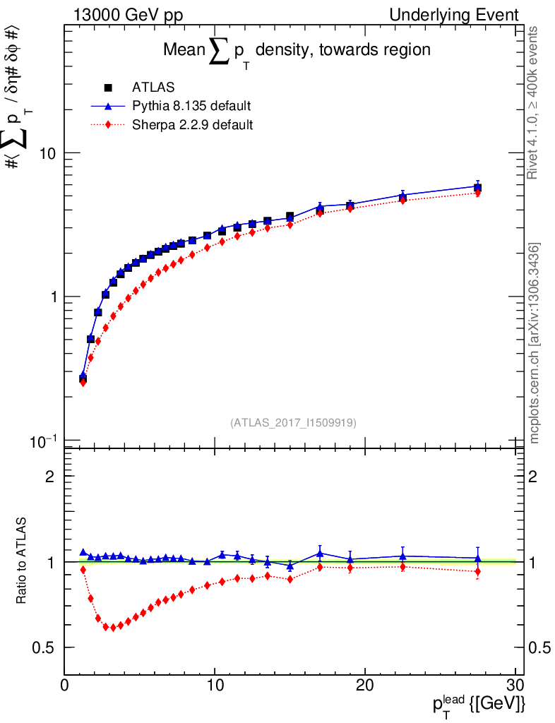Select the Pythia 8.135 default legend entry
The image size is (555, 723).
tap(191, 107)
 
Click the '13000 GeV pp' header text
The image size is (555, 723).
tap(128, 14)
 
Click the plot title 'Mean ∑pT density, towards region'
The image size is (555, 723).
tap(297, 51)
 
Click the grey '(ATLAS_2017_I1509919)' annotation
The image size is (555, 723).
tap(293, 423)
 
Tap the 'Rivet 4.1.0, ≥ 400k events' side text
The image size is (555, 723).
tap(535, 102)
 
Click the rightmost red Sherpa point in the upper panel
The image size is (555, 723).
tap(478, 193)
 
